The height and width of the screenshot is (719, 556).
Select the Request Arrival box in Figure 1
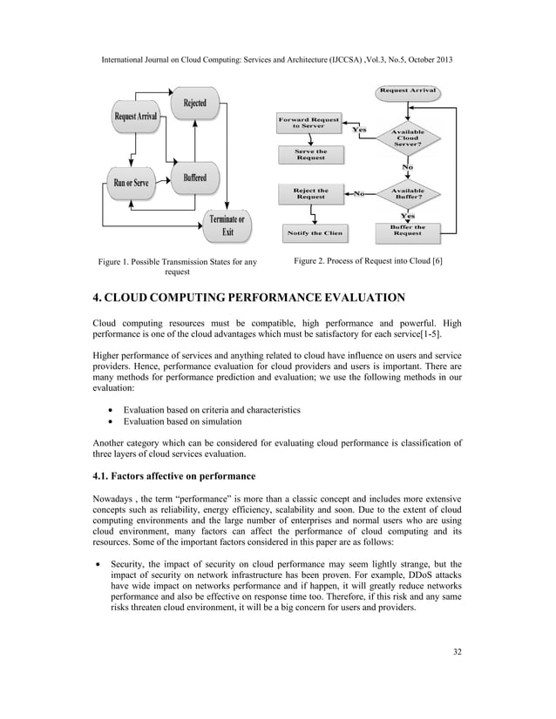(135, 117)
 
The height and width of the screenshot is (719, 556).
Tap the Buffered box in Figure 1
(194, 178)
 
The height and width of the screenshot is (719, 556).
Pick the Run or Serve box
(131, 182)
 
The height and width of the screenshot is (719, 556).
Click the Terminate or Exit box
(227, 225)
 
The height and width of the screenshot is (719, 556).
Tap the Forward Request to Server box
(309, 123)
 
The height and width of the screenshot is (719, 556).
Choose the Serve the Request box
(310, 155)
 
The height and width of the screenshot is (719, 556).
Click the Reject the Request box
(310, 193)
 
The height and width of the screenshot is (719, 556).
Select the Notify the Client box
(314, 232)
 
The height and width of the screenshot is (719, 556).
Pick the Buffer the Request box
(407, 230)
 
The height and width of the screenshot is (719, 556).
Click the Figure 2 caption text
(368, 261)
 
